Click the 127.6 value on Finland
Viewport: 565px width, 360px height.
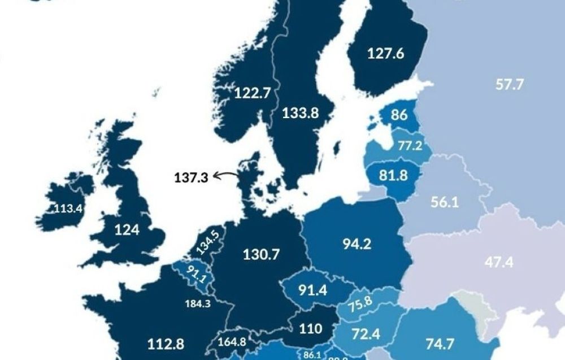[385, 54]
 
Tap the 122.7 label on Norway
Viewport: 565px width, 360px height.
[252, 94]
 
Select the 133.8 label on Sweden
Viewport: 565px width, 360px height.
[300, 113]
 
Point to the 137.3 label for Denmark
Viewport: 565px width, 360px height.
[191, 177]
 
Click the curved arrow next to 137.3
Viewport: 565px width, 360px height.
[225, 176]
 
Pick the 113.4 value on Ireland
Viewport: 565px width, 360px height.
[68, 209]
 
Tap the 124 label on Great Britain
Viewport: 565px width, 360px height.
[127, 230]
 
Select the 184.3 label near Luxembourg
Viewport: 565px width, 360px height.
[198, 303]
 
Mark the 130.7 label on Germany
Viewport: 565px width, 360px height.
[261, 254]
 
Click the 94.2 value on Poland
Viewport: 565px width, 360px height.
[357, 244]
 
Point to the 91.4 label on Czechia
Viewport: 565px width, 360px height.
[312, 290]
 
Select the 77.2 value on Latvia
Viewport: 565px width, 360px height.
[410, 146]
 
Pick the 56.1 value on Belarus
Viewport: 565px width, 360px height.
[445, 202]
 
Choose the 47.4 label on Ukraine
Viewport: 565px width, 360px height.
[499, 263]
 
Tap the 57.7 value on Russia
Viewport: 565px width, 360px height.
[509, 85]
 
